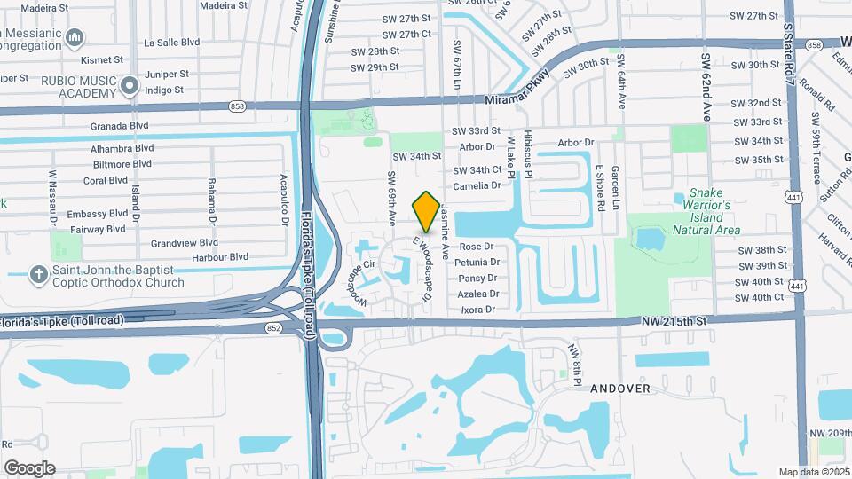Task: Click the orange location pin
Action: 426,211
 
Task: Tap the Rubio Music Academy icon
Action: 130,86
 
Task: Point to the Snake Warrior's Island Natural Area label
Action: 706,211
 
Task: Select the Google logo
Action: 29,467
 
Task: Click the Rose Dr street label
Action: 476,247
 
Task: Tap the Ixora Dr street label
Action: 478,310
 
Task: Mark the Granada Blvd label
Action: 119,126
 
